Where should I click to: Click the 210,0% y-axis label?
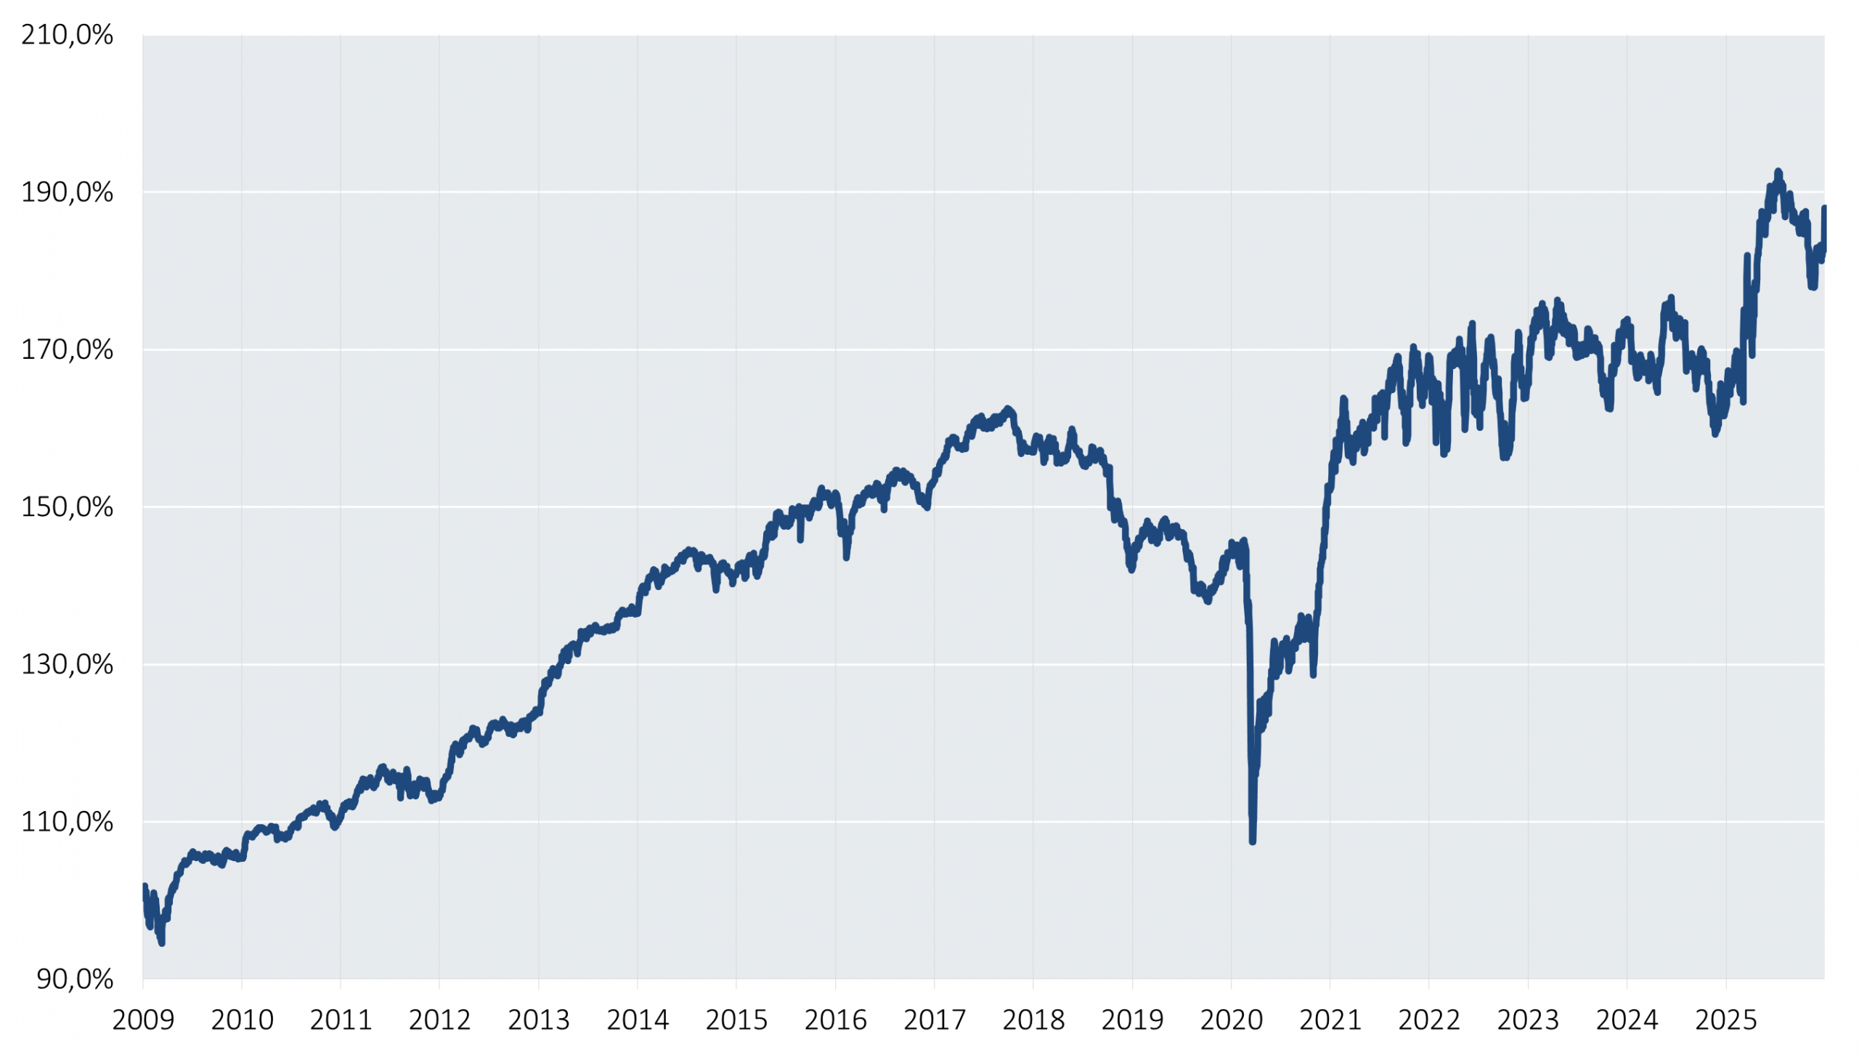(67, 35)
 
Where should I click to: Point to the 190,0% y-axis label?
(67, 193)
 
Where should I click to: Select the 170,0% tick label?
(67, 350)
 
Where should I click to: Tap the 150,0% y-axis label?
(67, 507)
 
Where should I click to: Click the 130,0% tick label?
(67, 664)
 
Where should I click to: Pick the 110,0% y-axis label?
(67, 822)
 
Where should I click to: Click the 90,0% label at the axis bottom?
(75, 980)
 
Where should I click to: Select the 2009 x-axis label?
(143, 1020)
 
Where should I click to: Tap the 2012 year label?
(439, 1020)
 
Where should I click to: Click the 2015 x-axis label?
(736, 1020)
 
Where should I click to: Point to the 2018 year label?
(1033, 1020)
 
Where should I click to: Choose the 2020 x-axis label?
(1231, 1020)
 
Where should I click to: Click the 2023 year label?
(1528, 1020)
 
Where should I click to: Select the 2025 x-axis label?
(1726, 1020)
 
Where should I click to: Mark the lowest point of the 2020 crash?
(1253, 841)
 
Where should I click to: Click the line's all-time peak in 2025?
(1778, 171)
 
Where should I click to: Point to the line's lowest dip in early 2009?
(161, 943)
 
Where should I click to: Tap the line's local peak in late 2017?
(1007, 409)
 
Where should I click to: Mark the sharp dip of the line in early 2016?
(846, 557)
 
